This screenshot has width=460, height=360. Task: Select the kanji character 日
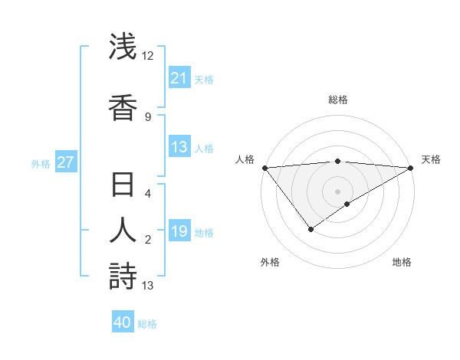[x=123, y=186]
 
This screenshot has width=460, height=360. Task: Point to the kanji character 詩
[x=123, y=276]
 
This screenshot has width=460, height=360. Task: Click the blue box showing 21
[x=179, y=78]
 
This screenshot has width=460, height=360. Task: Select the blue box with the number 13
[x=179, y=147]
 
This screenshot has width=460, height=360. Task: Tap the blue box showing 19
[x=179, y=231]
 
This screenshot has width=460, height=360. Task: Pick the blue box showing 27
[x=65, y=162]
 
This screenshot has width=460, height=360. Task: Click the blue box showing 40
[x=123, y=322]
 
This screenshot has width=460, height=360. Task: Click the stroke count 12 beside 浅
[x=148, y=56]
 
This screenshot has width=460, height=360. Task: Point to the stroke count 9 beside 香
[x=148, y=116]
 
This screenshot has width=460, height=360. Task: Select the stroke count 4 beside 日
[x=148, y=194]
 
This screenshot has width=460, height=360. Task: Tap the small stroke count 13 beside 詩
[x=148, y=286]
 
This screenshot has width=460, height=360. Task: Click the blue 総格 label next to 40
[x=147, y=324]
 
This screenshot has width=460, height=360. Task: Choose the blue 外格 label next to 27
[x=41, y=163]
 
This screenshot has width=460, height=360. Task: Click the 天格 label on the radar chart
[x=431, y=159]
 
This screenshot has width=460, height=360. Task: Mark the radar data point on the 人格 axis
[x=264, y=168]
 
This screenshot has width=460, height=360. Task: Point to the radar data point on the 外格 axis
[x=310, y=228]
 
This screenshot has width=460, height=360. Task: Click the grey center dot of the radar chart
[x=337, y=191]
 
